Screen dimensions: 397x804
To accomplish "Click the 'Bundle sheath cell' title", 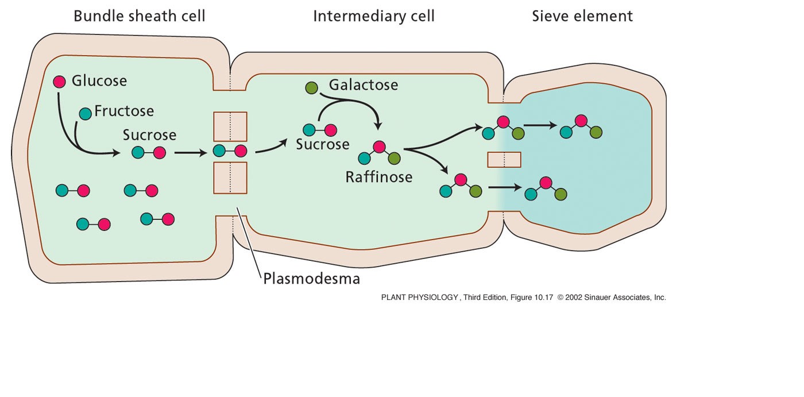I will [x=139, y=16].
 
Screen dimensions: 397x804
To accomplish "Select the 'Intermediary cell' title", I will [x=373, y=16].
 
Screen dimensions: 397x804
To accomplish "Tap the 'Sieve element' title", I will [x=582, y=16].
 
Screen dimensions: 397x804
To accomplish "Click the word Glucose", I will [x=99, y=81].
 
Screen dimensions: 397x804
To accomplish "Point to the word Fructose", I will [x=123, y=111].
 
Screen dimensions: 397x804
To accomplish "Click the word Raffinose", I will [x=378, y=177].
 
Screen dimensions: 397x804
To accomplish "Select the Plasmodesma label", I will [x=311, y=279].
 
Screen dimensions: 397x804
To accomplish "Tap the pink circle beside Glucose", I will [x=59, y=82].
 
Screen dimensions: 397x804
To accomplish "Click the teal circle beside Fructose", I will [x=85, y=113].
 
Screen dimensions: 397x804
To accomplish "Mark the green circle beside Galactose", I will [x=311, y=88].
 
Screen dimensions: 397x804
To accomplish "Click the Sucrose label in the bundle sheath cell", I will [x=149, y=136].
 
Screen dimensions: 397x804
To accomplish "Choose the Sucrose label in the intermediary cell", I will [x=322, y=144].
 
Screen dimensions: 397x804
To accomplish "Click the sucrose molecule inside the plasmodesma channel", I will [x=230, y=151].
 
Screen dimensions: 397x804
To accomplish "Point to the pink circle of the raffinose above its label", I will [x=378, y=147].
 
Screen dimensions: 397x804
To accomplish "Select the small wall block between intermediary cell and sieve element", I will [x=504, y=159].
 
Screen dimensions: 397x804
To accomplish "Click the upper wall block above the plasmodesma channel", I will [x=230, y=126].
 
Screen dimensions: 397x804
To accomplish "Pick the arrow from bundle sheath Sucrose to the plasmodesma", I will [x=190, y=153].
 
